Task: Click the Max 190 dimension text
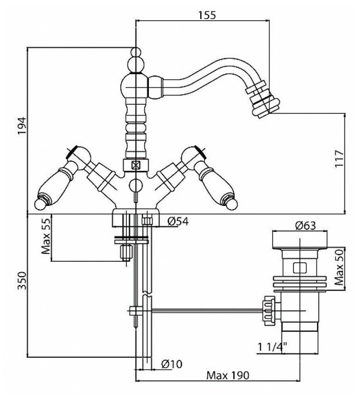[x=228, y=376]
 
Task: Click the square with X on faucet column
[x=136, y=164]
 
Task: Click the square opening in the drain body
[x=299, y=267]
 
